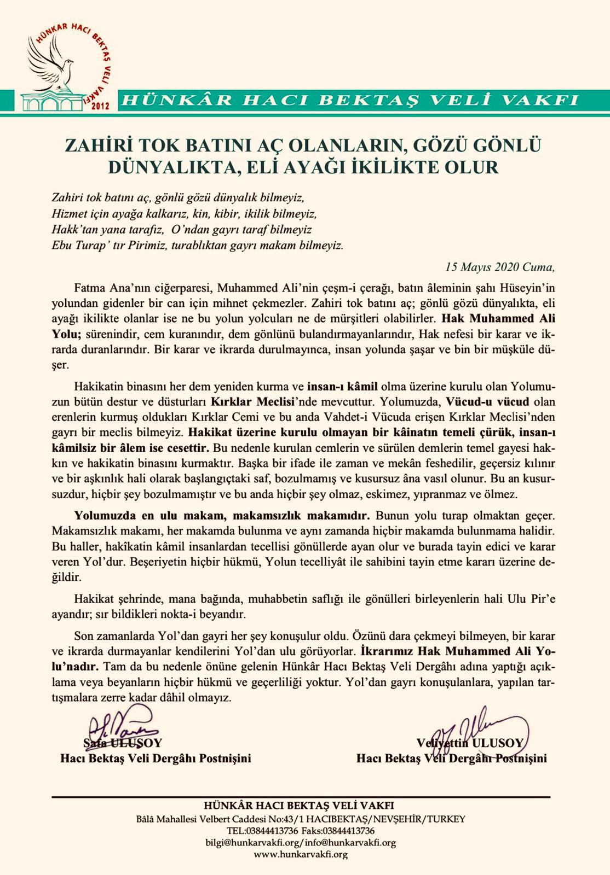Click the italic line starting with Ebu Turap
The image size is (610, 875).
(197, 244)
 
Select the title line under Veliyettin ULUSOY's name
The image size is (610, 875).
(451, 759)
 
